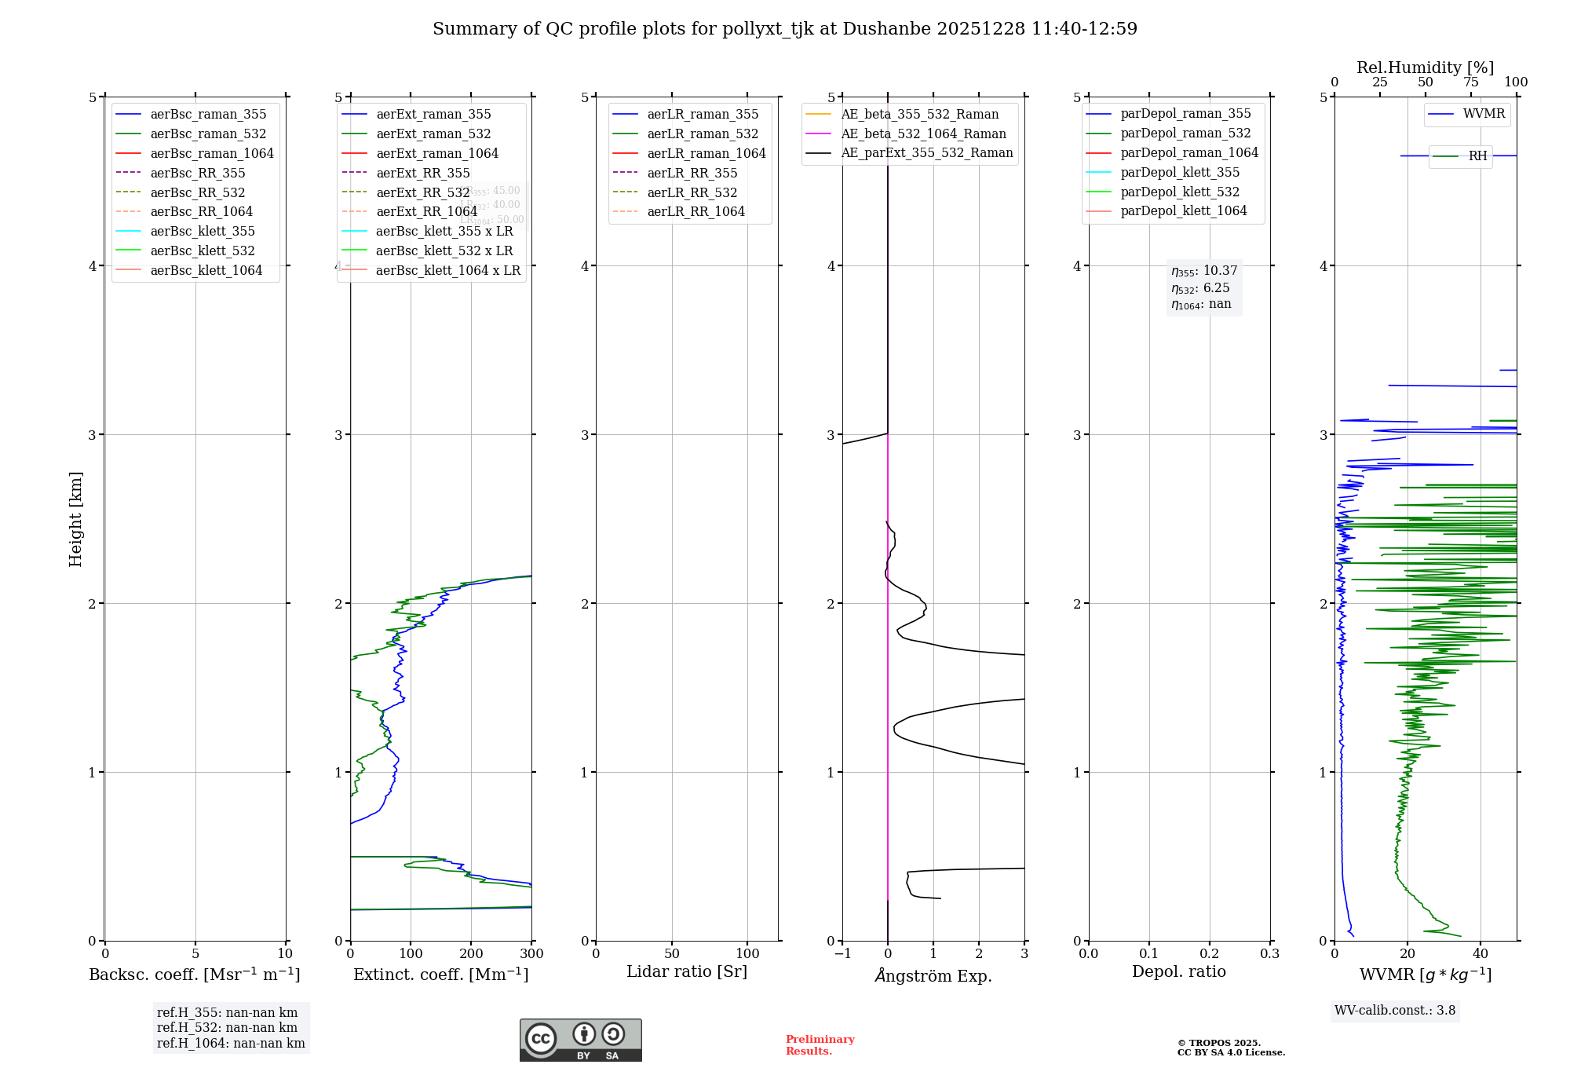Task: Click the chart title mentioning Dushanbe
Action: click(x=784, y=29)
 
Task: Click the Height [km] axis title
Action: click(x=75, y=518)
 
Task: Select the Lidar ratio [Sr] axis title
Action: click(x=687, y=971)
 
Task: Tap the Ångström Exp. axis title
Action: click(x=933, y=975)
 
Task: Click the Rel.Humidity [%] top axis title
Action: click(x=1425, y=68)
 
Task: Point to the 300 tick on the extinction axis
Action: click(x=531, y=954)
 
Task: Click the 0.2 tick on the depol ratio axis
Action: click(x=1210, y=954)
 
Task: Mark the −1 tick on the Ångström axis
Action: click(x=842, y=954)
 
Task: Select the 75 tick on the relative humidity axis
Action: click(x=1471, y=82)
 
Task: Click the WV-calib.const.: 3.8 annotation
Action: click(x=1395, y=1011)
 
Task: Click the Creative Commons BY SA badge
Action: click(x=580, y=1041)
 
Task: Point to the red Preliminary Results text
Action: click(x=820, y=1045)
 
